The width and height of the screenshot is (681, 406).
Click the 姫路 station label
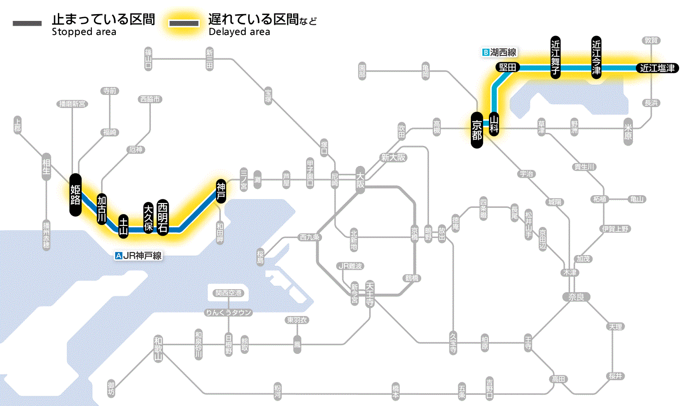(x=75, y=195)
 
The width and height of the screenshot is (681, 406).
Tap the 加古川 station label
(x=102, y=210)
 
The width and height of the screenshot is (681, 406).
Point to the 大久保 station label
(x=148, y=218)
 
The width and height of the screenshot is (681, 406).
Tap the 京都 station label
(x=477, y=129)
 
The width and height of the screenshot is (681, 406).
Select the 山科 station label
(x=494, y=124)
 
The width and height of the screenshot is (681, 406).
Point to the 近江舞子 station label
(x=556, y=57)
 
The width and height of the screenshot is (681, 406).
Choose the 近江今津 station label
(x=596, y=57)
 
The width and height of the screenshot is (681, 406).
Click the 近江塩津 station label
(x=657, y=68)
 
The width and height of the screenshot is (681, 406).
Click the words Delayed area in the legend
(x=239, y=32)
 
